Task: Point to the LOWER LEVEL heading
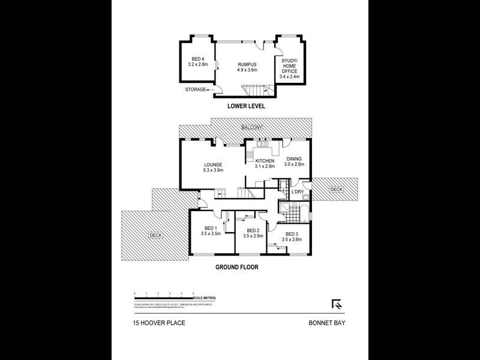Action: [x=246, y=106]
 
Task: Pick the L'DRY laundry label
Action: [x=298, y=192]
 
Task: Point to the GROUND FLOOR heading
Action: [x=238, y=268]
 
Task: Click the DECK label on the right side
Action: [x=336, y=190]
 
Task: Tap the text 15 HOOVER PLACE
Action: [x=159, y=323]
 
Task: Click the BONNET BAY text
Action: [x=327, y=323]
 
